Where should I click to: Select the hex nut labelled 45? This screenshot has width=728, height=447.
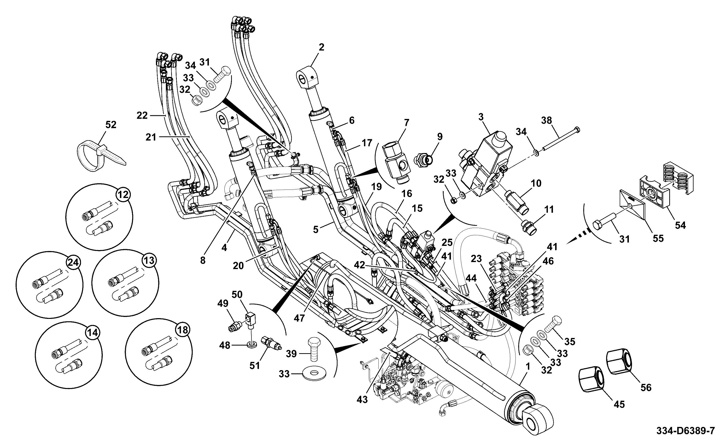[x=590, y=380]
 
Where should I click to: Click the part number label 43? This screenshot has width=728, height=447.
[x=362, y=399]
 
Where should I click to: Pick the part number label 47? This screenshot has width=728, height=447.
[x=299, y=318]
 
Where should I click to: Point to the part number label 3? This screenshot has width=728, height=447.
[x=481, y=117]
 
